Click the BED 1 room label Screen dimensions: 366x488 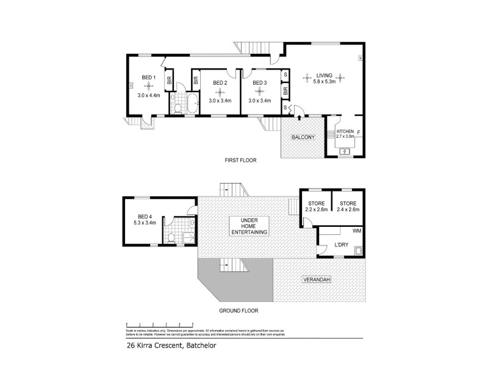[149, 77]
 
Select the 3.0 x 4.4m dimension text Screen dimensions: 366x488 [148, 95]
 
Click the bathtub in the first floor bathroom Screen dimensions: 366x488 [192, 104]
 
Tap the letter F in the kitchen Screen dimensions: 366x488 [359, 132]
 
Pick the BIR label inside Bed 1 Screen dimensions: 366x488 [170, 79]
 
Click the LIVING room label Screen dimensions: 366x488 [324, 75]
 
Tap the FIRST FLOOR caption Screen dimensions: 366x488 [240, 160]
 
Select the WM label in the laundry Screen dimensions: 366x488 [357, 231]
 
